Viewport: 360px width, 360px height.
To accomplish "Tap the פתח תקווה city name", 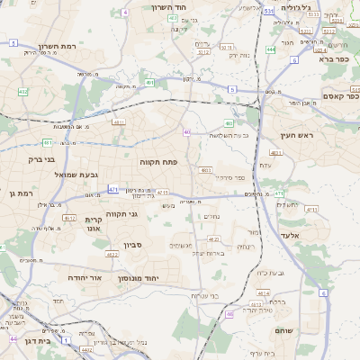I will coord(159,162).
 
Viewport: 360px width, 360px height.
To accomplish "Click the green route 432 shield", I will coord(22,92).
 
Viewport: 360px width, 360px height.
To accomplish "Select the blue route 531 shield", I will coord(269,11).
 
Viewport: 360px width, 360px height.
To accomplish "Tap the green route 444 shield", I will coord(271,49).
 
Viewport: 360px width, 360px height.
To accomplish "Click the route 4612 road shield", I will coord(69,218).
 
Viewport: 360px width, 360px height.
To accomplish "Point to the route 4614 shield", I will coord(263,293).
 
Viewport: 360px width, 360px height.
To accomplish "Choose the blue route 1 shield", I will coord(65,341).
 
